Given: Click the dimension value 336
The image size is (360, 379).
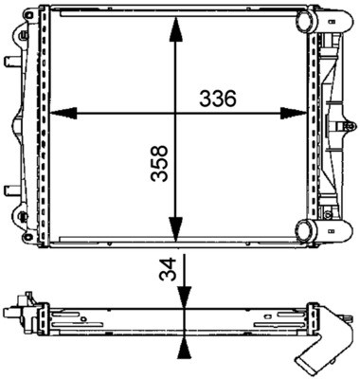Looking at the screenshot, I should pos(216,99).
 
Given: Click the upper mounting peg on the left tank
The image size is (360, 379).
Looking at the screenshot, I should pos(10,63).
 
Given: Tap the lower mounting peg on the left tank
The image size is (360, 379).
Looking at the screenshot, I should pos(10,188).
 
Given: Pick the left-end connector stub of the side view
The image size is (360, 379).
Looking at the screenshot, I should pos(12,311).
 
